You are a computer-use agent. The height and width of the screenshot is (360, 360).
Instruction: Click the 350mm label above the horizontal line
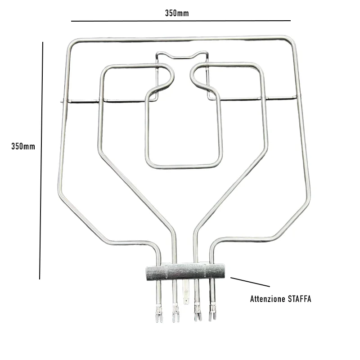point(177,13)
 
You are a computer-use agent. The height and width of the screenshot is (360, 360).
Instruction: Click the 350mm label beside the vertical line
point(23,146)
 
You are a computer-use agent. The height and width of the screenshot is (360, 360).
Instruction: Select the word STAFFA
point(299,299)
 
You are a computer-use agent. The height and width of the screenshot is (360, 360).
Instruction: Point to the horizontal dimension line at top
point(181,21)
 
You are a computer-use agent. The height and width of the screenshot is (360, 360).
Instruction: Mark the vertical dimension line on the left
point(41,161)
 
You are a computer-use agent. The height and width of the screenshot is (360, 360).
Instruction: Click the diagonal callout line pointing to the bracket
point(250,282)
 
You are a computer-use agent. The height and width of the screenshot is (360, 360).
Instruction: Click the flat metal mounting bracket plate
point(185,272)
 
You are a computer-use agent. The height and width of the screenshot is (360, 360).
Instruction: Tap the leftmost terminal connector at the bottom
point(159,313)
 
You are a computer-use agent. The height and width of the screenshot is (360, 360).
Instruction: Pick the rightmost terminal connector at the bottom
point(212,312)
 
